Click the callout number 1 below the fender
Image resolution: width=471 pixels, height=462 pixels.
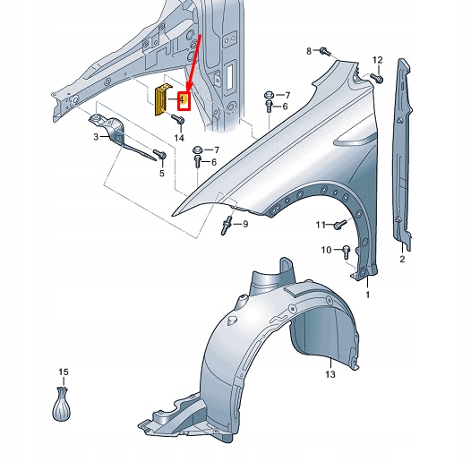click(x=367, y=295)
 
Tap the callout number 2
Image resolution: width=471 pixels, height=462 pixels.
click(x=402, y=259)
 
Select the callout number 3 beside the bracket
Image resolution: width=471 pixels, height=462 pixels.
click(x=96, y=137)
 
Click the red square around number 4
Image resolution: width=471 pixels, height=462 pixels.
click(x=184, y=100)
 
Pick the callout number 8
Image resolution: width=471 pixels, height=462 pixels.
click(x=309, y=51)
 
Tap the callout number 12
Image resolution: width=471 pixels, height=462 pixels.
click(x=377, y=60)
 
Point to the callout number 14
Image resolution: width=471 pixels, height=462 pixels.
click(x=179, y=139)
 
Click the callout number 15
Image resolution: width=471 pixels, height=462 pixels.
click(x=63, y=371)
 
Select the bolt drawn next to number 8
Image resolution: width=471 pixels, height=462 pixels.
click(x=326, y=52)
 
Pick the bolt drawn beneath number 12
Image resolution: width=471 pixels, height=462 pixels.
click(x=377, y=79)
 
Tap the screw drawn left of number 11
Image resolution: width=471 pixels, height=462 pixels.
click(x=339, y=224)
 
